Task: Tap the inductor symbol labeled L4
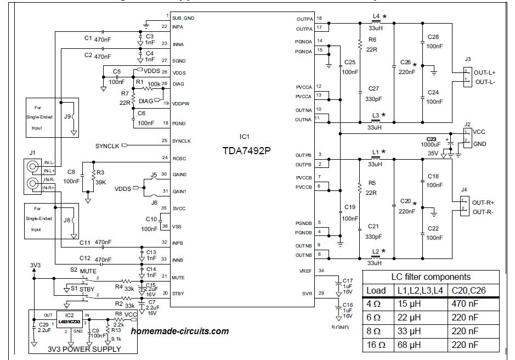[376, 22]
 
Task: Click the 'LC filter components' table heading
[431, 277]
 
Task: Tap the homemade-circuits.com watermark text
[180, 331]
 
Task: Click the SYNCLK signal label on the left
[107, 145]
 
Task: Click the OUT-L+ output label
[485, 72]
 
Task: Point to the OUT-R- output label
[484, 212]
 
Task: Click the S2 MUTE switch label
[83, 271]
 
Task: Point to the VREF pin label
[305, 271]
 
